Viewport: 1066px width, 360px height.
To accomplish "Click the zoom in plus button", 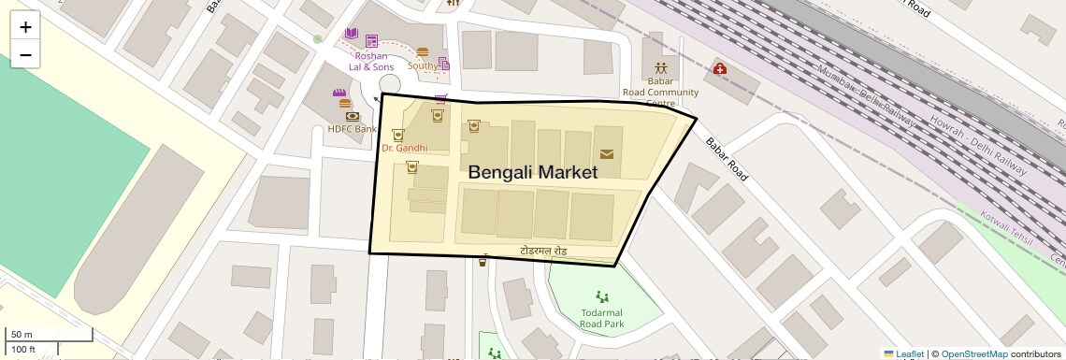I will click(25, 27).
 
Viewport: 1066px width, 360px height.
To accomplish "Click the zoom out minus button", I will click(25, 55).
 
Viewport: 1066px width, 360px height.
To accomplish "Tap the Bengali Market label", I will click(532, 172).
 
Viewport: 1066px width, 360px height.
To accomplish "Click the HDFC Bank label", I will click(352, 129).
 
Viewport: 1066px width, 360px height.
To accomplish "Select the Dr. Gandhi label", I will click(404, 148).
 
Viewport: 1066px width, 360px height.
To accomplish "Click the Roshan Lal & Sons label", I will click(371, 62).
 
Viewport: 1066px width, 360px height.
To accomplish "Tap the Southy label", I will click(423, 65).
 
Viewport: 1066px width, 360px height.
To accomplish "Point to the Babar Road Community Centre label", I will click(660, 92).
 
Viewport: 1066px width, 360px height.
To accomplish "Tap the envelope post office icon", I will click(607, 154).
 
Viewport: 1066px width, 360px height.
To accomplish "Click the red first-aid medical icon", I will click(719, 68).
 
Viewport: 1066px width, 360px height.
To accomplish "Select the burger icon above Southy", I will click(423, 52).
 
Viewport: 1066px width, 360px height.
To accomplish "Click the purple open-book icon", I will click(352, 35).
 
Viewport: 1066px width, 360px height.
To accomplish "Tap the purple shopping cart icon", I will click(440, 98).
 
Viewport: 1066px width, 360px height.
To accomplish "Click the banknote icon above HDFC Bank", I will click(353, 116).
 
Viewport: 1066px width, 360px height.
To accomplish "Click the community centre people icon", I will click(661, 67).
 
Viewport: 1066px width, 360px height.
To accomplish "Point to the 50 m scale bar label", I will click(22, 334).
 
